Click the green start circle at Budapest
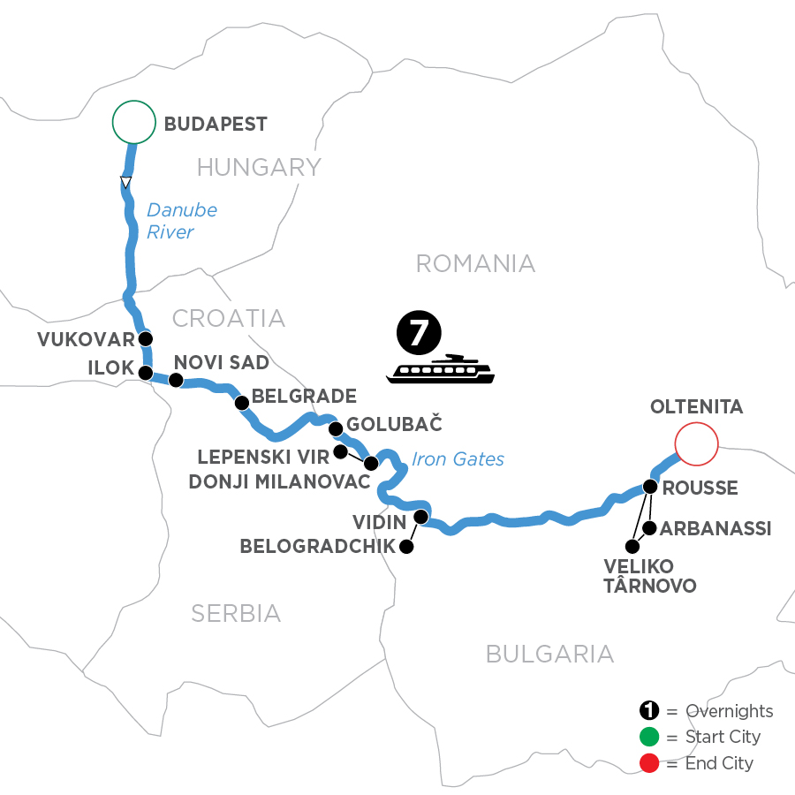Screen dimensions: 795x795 coord(133,123)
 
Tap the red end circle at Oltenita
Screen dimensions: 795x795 coord(695,443)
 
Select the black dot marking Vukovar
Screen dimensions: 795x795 coord(146,338)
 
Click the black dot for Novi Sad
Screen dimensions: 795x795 coord(176,381)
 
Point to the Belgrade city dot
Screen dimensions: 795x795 coord(241,403)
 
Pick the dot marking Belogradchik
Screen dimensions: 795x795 coord(406,547)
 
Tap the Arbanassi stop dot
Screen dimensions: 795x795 coord(649,528)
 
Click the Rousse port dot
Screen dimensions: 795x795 coord(650,486)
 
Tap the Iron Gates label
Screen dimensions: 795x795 coord(458,458)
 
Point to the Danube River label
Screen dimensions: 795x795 coord(181,221)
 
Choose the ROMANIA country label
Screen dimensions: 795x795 coord(475,262)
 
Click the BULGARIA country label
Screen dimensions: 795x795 coord(549,654)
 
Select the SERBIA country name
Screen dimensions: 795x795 coord(236,612)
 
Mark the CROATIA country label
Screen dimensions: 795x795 coord(228,318)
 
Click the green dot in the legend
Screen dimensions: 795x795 coord(648,737)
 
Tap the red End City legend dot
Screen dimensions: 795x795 coord(648,762)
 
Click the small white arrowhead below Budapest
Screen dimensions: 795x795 coord(126,183)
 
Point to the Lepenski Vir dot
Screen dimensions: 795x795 coord(340,452)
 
